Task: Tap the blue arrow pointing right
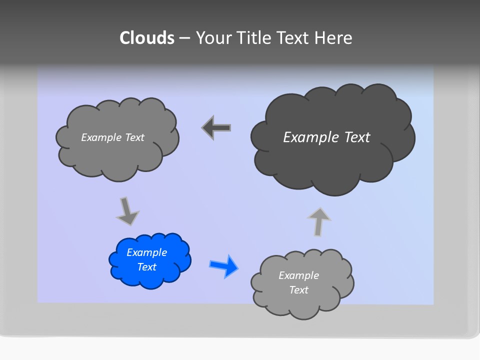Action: click(224, 265)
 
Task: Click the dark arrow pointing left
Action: click(216, 128)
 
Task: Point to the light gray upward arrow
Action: click(318, 221)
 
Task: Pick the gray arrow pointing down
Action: click(127, 211)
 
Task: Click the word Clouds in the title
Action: click(147, 38)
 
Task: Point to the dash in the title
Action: click(184, 38)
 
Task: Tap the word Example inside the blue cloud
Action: click(147, 252)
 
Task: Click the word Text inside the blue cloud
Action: click(147, 267)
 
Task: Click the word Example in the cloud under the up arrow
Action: click(298, 275)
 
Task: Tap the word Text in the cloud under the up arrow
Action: click(298, 290)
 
